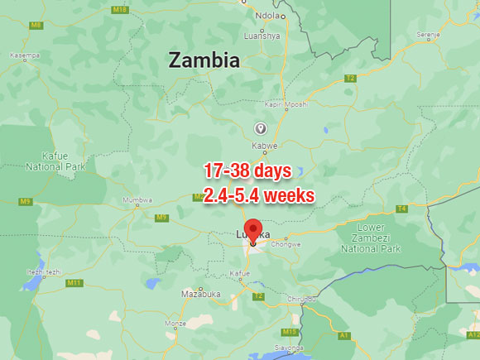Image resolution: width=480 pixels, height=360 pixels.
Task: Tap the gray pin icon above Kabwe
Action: click(260, 128)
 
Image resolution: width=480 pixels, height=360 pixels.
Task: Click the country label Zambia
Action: click(204, 60)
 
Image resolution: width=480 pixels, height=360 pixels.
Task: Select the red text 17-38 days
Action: click(247, 171)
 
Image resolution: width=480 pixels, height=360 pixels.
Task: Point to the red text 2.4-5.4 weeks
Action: click(258, 196)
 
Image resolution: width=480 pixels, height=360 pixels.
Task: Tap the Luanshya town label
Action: click(262, 36)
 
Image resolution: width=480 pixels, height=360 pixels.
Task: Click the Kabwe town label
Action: click(265, 145)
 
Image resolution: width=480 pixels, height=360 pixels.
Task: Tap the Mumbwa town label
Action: click(137, 199)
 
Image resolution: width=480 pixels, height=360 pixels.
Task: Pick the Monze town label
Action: click(175, 323)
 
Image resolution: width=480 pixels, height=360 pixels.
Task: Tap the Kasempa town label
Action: click(24, 55)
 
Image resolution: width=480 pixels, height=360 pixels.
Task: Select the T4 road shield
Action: click(401, 209)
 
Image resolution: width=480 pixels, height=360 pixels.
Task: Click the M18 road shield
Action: click(119, 9)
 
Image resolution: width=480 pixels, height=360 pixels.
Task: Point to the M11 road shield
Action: click(74, 283)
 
